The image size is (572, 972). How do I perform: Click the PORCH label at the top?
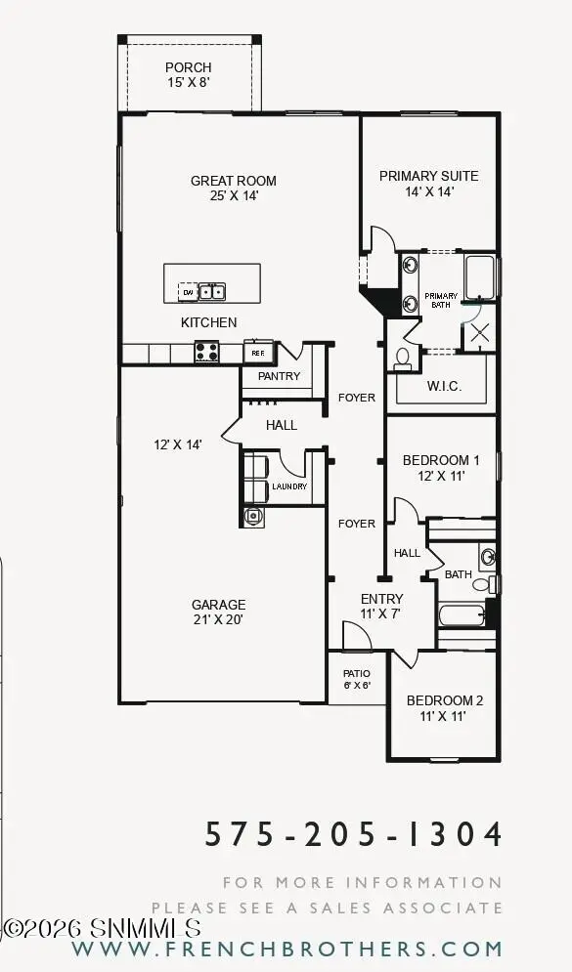[x=188, y=67]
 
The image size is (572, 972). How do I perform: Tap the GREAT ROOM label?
[x=233, y=181]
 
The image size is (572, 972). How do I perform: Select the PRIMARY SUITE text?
[x=428, y=176]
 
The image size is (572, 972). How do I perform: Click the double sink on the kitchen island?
[x=212, y=291]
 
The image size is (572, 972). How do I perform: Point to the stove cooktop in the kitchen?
[x=206, y=352]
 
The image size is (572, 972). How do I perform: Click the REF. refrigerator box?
[x=257, y=353]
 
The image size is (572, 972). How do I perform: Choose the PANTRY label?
[x=278, y=376]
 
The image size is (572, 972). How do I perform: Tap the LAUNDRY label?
[x=289, y=486]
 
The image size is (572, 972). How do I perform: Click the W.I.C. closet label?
[x=443, y=386]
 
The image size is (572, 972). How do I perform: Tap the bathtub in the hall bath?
[x=462, y=615]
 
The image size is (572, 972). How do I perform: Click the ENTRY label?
[x=381, y=599]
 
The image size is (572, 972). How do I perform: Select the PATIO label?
[x=356, y=673]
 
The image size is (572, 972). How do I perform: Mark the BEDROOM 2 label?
[x=445, y=700]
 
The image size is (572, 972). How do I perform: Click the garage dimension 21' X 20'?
[x=219, y=618]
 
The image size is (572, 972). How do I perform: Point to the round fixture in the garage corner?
[x=253, y=516]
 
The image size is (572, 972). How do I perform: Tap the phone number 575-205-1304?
[x=355, y=834]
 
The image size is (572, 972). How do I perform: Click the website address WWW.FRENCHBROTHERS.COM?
[x=286, y=949]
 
